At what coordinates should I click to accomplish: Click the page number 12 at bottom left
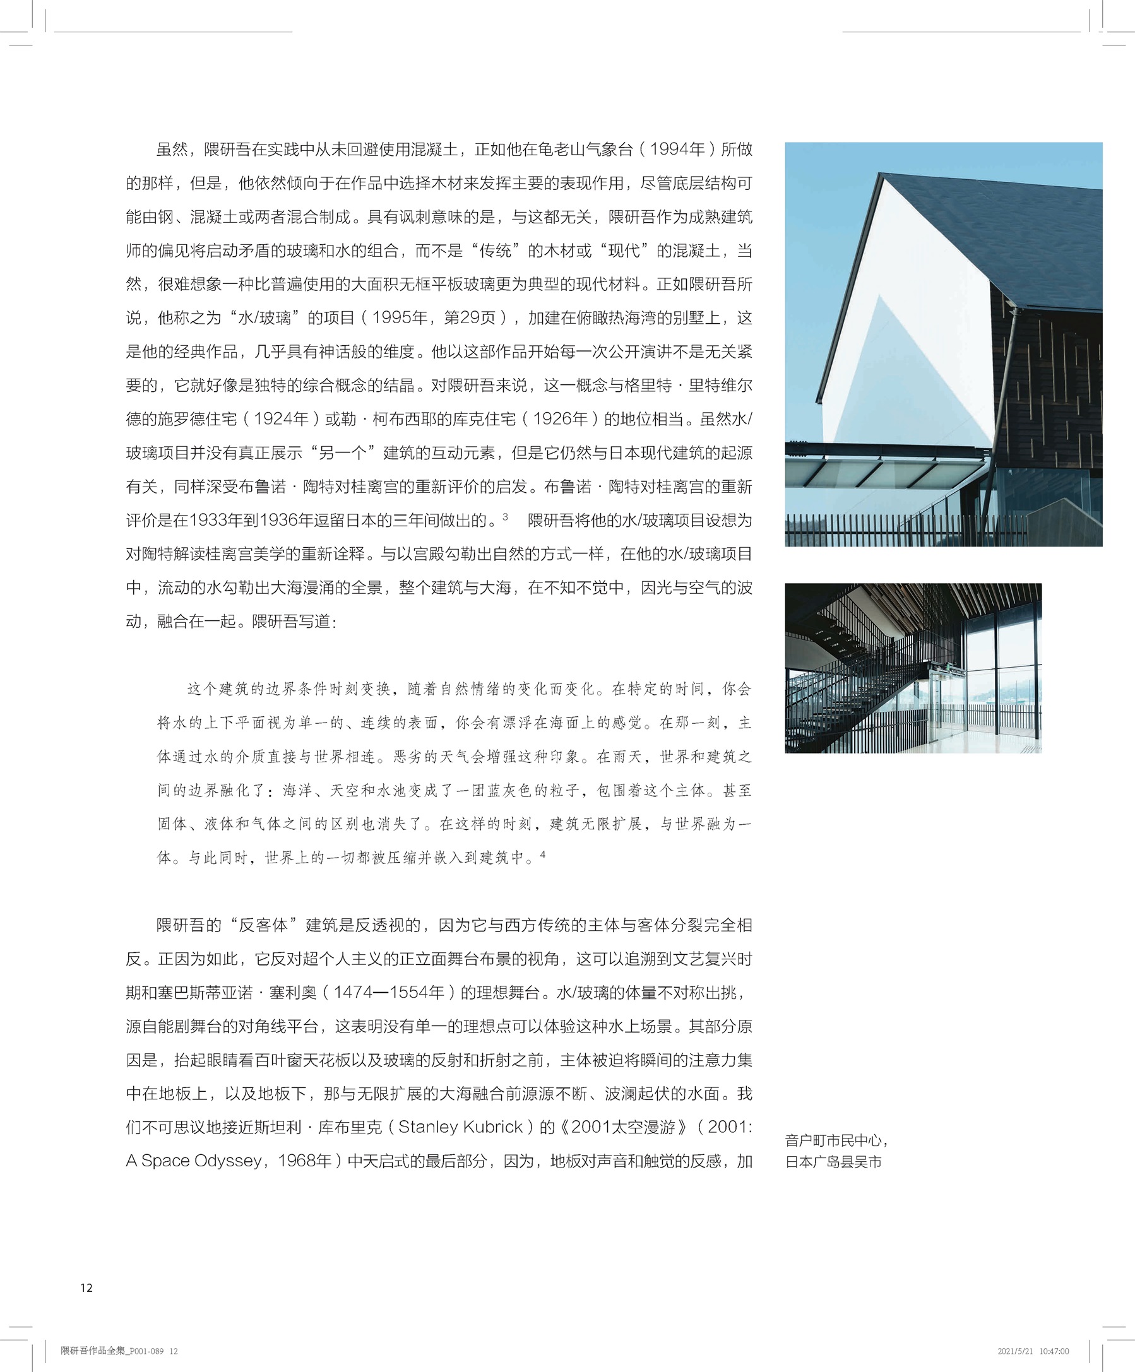click(x=86, y=1287)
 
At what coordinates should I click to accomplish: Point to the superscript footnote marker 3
click(x=505, y=517)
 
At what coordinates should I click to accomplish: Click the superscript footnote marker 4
click(x=542, y=854)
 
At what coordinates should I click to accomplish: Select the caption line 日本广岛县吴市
click(x=833, y=1162)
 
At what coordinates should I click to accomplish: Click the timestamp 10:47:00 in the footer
click(x=1054, y=1351)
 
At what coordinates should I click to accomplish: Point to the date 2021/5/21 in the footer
click(x=1015, y=1351)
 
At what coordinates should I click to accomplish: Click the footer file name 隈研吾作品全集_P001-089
click(x=112, y=1351)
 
